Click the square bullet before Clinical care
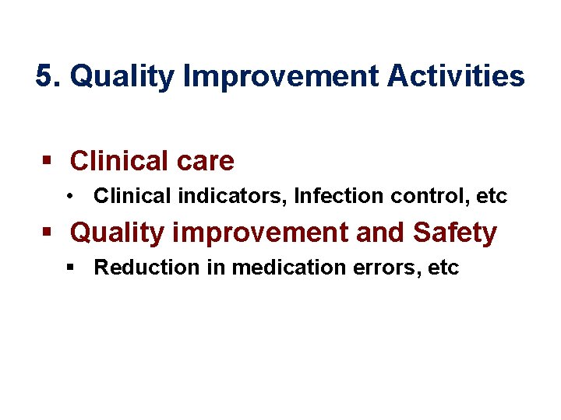pyautogui.click(x=47, y=161)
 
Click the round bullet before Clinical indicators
pyautogui.click(x=70, y=197)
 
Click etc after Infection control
pyautogui.click(x=492, y=197)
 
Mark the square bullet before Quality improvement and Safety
pyautogui.click(x=47, y=233)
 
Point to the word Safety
pyautogui.click(x=455, y=233)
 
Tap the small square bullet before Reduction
pyautogui.click(x=70, y=268)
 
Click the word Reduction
pyautogui.click(x=136, y=268)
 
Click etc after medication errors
pyautogui.click(x=444, y=268)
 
